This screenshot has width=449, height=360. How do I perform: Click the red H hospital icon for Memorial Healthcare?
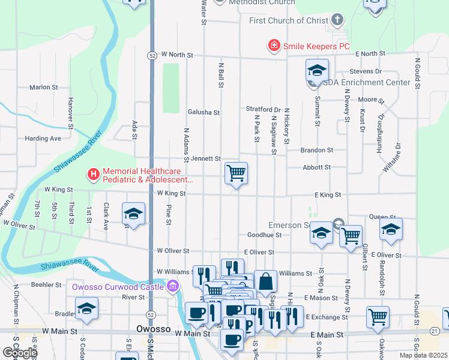pos(93,175)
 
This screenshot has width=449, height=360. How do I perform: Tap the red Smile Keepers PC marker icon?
pos(273,46)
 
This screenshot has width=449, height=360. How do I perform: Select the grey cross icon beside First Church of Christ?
pos(338,20)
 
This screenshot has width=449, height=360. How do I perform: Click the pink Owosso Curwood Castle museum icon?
pos(173,286)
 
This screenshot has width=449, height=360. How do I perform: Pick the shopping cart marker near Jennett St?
pos(237,173)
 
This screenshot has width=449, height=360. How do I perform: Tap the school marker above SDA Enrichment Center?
pos(317,70)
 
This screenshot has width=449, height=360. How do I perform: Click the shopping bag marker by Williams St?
pos(265,281)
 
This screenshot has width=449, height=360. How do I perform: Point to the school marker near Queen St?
pos(391,229)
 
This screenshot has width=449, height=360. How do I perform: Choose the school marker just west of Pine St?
pos(133,214)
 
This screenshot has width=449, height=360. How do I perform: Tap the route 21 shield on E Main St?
pos(435,331)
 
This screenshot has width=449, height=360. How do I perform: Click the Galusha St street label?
pos(203,112)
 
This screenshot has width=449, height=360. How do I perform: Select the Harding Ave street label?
pos(43,139)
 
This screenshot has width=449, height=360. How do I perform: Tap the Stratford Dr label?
pos(263,109)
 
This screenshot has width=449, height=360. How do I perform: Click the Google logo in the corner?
pos(19,353)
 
